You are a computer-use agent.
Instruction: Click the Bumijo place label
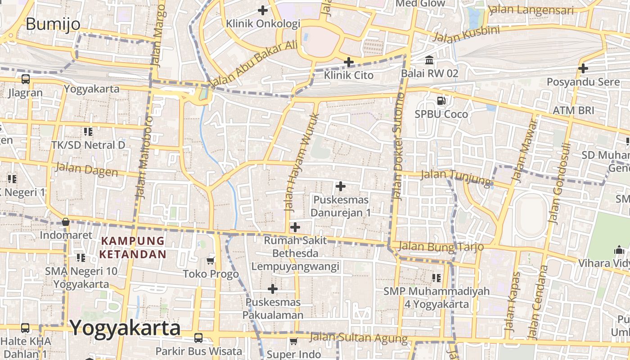tap(53, 24)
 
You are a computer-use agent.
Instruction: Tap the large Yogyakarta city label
tap(125, 328)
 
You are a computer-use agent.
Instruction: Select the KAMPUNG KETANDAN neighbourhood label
tap(133, 247)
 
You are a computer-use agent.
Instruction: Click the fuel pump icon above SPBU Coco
tap(441, 101)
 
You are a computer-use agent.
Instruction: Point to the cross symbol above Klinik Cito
tap(349, 62)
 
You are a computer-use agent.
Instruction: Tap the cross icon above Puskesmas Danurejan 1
tap(341, 186)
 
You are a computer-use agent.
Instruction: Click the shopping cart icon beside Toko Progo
tap(210, 261)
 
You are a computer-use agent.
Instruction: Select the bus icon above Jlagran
tap(26, 80)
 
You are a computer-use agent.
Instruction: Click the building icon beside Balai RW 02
tap(429, 60)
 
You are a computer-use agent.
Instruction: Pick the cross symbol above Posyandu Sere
tap(583, 68)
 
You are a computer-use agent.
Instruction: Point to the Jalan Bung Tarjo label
tap(441, 247)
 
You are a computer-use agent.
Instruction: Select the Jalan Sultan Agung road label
tap(359, 337)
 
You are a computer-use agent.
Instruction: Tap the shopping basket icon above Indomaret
tap(66, 222)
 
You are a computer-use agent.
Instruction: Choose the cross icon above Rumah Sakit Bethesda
tap(295, 227)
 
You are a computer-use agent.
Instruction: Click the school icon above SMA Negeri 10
tap(81, 258)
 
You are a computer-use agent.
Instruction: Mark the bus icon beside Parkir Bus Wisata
tap(198, 338)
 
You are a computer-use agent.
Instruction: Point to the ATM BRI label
tap(573, 111)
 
